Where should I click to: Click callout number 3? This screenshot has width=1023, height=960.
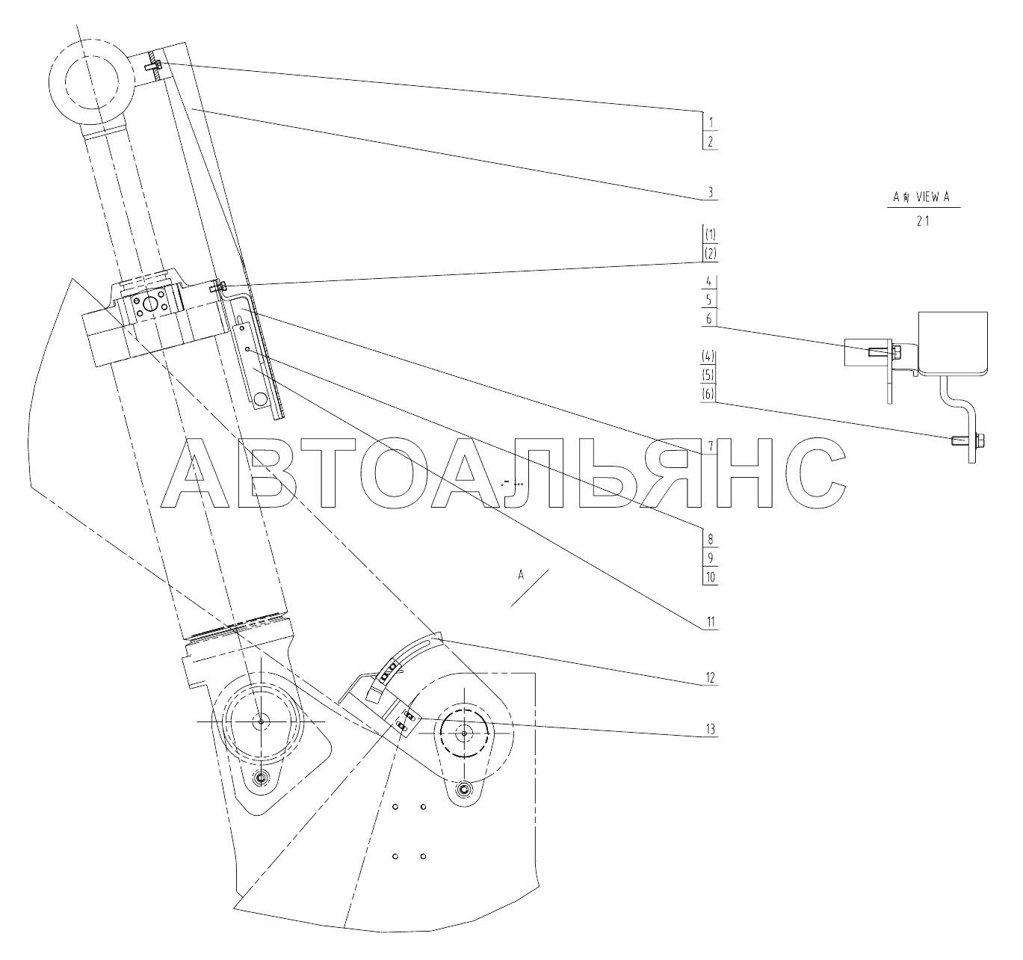pos(711,192)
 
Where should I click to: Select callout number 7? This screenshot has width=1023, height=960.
pos(711,445)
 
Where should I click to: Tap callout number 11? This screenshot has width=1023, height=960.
pos(711,622)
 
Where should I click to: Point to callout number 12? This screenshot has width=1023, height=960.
pos(711,677)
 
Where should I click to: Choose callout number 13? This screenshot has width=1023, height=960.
pos(711,729)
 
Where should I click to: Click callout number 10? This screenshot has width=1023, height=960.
pos(711,577)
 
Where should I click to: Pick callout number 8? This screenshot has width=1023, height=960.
pos(711,539)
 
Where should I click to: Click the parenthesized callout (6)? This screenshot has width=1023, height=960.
pos(708,394)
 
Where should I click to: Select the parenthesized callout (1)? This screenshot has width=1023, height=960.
pos(711,235)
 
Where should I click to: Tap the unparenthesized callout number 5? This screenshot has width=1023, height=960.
pos(709,300)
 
